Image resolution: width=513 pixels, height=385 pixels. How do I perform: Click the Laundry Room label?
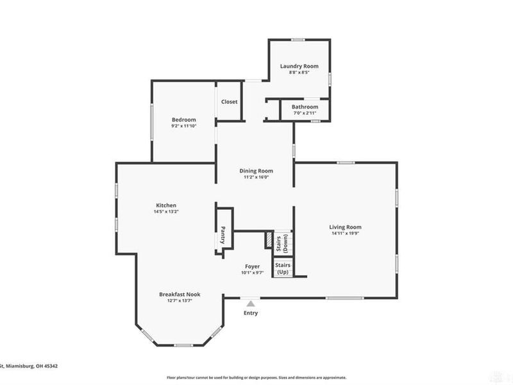pos(299,66)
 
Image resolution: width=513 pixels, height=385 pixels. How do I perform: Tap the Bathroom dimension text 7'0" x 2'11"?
pos(305,113)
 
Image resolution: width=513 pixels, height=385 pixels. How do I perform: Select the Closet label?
pos(229,102)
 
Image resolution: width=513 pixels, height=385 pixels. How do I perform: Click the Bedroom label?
pos(183,120)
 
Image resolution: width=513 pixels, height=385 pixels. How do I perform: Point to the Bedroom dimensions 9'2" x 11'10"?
pos(183,126)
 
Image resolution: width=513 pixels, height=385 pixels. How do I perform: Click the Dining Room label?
pos(256,171)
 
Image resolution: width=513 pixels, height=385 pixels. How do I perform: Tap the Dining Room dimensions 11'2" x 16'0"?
pos(256,178)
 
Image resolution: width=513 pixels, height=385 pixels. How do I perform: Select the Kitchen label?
pos(165,205)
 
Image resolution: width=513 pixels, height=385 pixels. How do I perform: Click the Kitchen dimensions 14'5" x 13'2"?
pos(165,212)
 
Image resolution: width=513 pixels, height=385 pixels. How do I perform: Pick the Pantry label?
pos(223,235)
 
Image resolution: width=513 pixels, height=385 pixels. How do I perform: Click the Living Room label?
pos(346,227)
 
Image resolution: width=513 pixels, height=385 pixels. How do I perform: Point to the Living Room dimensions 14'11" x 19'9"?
pos(346,234)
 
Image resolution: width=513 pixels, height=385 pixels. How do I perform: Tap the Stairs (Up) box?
pos(282,268)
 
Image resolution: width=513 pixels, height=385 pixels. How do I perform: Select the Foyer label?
pos(252,266)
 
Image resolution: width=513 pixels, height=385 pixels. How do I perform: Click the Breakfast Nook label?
pos(180,295)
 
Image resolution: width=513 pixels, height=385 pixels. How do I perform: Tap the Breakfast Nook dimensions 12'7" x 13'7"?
pos(180,301)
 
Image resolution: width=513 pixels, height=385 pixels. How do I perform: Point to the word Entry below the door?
pos(251,312)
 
